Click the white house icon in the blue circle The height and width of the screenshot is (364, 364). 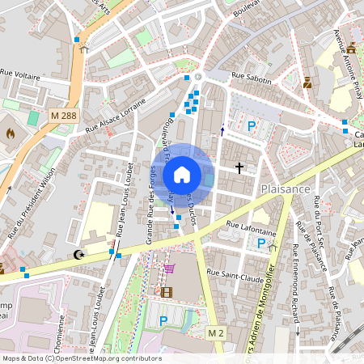(x=182, y=174)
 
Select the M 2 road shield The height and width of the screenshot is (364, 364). (x=215, y=333)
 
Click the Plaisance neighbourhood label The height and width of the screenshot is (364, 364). (x=286, y=188)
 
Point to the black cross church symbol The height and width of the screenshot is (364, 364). (x=239, y=168)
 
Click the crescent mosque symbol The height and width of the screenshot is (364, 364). (x=78, y=255)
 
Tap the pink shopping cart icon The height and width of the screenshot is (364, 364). (x=169, y=269)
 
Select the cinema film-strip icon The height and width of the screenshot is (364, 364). (x=166, y=292)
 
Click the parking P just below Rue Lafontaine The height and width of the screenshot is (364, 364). (x=261, y=243)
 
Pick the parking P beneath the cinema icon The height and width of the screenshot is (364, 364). (x=163, y=321)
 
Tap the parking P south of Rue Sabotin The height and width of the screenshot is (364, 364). (x=252, y=126)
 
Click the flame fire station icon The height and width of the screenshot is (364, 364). (x=11, y=132)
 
